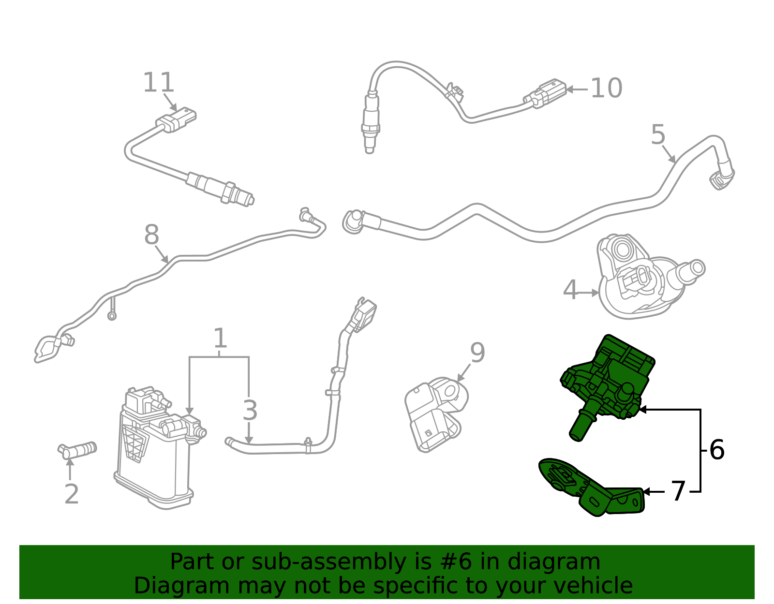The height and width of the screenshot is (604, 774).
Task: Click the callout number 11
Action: (158, 83)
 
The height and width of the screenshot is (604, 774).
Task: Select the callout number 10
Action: (606, 88)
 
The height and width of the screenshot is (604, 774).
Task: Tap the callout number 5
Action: (658, 134)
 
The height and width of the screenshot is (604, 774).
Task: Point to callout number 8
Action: (151, 236)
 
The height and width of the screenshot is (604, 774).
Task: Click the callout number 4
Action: (570, 290)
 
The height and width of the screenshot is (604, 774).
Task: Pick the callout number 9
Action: (477, 353)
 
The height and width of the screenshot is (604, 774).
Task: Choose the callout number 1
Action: (220, 339)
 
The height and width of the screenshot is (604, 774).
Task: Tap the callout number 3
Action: (250, 411)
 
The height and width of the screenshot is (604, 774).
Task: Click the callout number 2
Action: (72, 494)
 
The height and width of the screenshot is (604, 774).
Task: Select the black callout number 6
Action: (716, 450)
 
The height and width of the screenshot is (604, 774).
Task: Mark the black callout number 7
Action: (678, 491)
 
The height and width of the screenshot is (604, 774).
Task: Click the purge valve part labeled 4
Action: (639, 280)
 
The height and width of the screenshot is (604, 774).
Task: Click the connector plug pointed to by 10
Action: (547, 93)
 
